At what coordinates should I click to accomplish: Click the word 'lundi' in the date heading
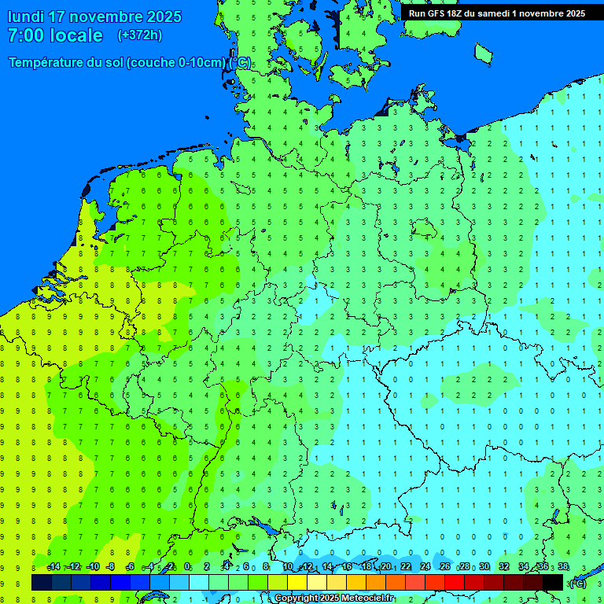tap(26, 17)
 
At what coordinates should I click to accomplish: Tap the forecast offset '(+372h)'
tap(140, 35)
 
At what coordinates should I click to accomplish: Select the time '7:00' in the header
tap(26, 35)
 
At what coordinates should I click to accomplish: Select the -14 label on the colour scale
tap(53, 567)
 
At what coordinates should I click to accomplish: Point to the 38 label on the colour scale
tap(563, 567)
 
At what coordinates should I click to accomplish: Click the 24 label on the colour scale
tap(425, 567)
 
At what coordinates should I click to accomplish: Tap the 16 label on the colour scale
tap(347, 567)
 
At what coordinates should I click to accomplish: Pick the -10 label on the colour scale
tap(93, 567)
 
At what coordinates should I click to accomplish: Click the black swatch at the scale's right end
tap(553, 582)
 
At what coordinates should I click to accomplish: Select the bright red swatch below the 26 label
tap(455, 582)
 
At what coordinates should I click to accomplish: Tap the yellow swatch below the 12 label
tap(297, 582)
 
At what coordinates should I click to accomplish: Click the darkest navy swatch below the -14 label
tap(42, 582)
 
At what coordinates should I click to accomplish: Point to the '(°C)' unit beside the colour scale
tap(577, 583)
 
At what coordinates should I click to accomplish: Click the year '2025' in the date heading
tap(156, 17)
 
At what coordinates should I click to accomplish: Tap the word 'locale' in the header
tap(77, 35)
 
